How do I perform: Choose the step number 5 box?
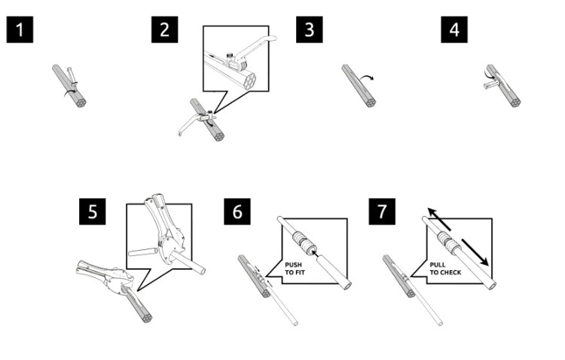[x=92, y=212]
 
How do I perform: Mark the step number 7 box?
[x=382, y=212]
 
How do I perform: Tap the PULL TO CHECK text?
[x=445, y=268]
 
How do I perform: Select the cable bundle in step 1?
[x=69, y=85]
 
